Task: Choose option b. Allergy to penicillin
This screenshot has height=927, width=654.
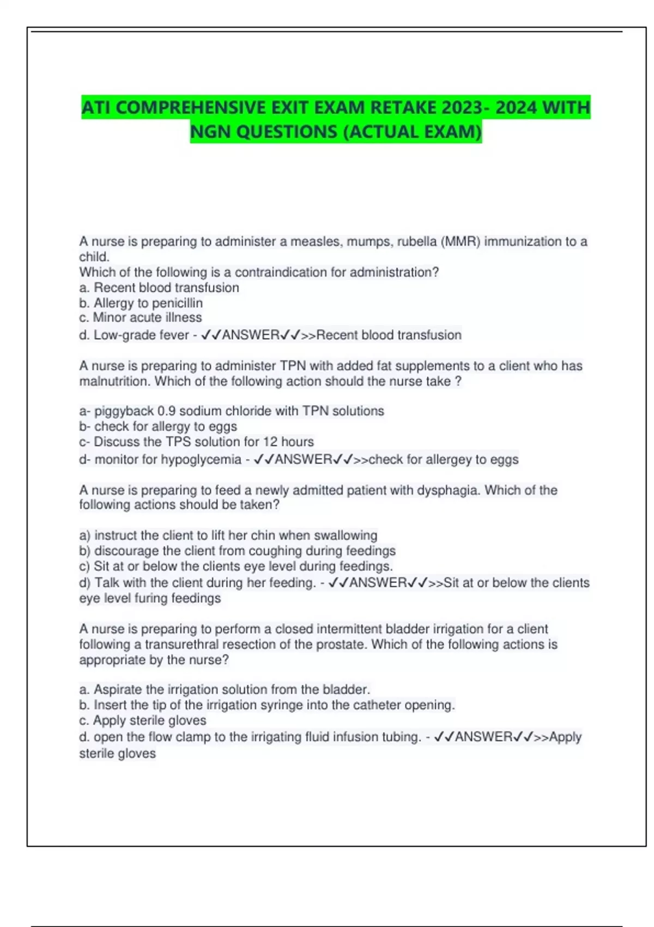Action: tap(141, 303)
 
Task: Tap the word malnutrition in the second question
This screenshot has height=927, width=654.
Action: tap(114, 381)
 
